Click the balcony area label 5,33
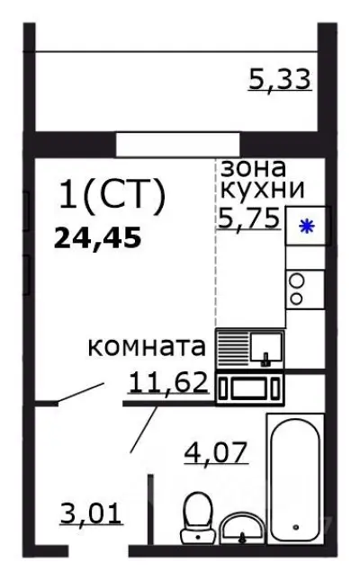(x=279, y=79)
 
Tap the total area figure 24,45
(x=98, y=238)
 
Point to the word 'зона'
(x=253, y=167)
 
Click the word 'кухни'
(x=262, y=189)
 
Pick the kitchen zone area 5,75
(x=249, y=216)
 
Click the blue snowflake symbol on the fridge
(x=306, y=226)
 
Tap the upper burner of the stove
(x=296, y=279)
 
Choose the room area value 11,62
(x=168, y=383)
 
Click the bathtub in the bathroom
(x=294, y=477)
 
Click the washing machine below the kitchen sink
(x=249, y=388)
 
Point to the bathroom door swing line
(x=144, y=430)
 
